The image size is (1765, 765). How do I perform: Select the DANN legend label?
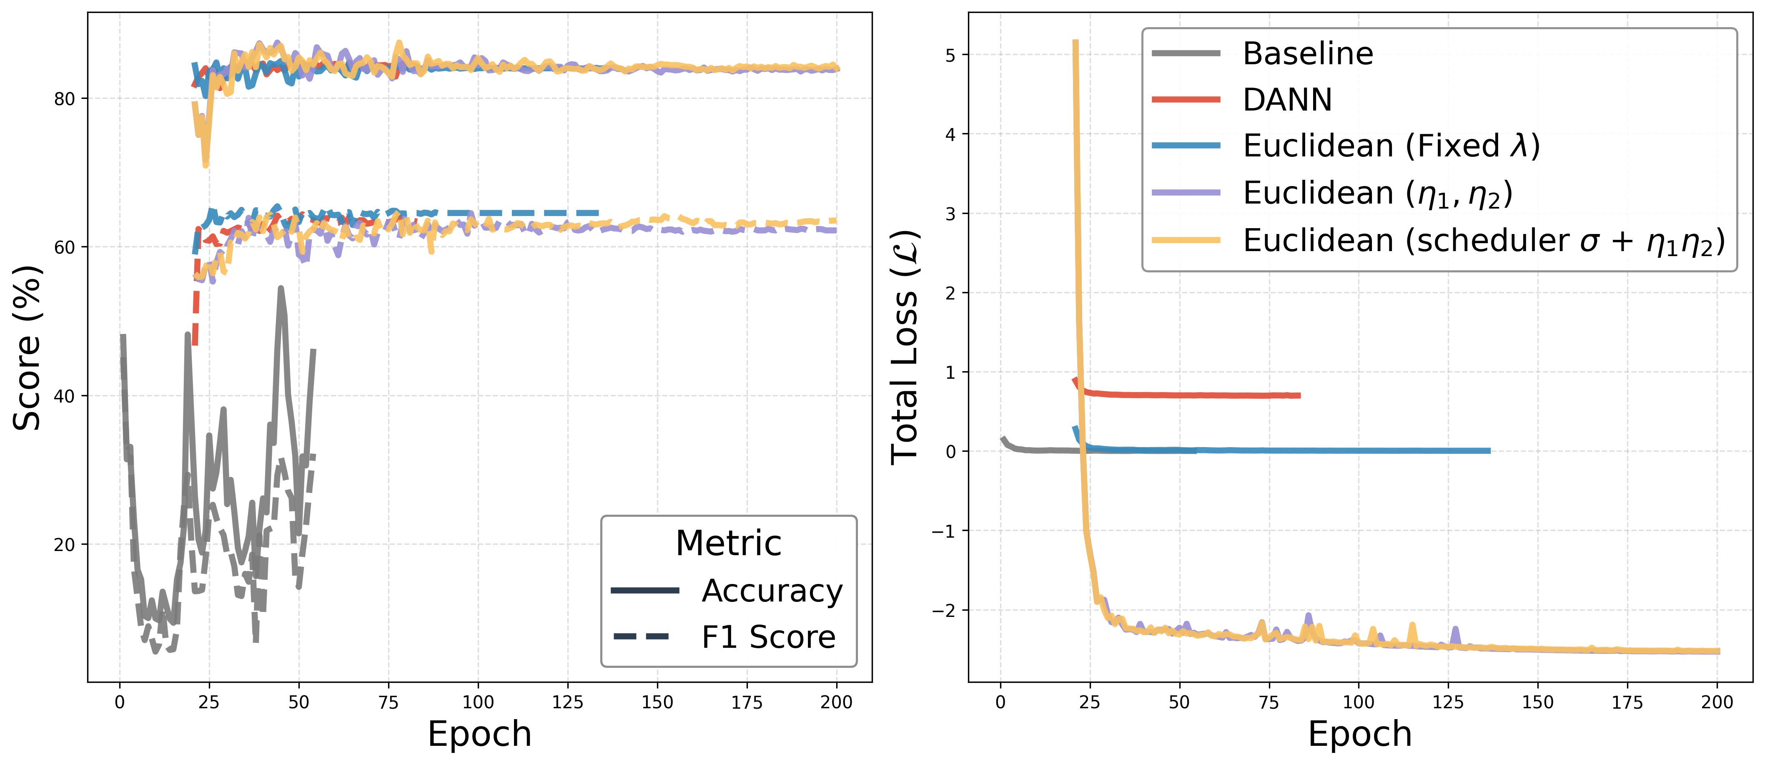click(x=1287, y=100)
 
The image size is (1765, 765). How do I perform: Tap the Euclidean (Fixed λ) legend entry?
click(x=1391, y=146)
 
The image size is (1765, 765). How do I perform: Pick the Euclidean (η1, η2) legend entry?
click(x=1377, y=193)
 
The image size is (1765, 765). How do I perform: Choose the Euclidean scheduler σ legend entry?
click(x=1483, y=241)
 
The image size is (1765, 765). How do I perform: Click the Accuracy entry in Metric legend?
click(x=772, y=591)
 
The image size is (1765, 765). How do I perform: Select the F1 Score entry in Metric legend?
click(x=768, y=637)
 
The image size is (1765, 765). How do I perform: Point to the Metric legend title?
click(x=728, y=544)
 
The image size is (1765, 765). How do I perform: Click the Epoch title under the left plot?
click(x=480, y=734)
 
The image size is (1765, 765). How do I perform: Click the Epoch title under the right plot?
click(x=1360, y=734)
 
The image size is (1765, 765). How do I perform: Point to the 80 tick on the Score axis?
click(x=65, y=99)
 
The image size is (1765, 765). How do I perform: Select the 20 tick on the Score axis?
click(x=65, y=545)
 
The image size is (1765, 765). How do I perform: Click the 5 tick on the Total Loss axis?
click(x=950, y=55)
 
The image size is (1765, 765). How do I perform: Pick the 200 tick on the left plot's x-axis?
click(x=836, y=702)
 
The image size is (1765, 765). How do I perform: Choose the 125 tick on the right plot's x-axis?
click(x=1448, y=702)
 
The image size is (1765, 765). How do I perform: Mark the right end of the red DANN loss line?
click(x=1299, y=395)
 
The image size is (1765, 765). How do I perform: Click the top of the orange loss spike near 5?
click(x=1075, y=43)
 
